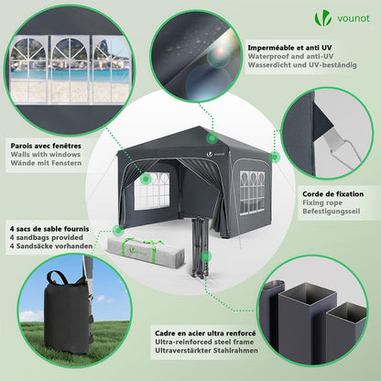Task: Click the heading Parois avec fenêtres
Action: coord(46,145)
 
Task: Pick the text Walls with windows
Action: coord(45,155)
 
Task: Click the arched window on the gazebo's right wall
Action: coord(246,188)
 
